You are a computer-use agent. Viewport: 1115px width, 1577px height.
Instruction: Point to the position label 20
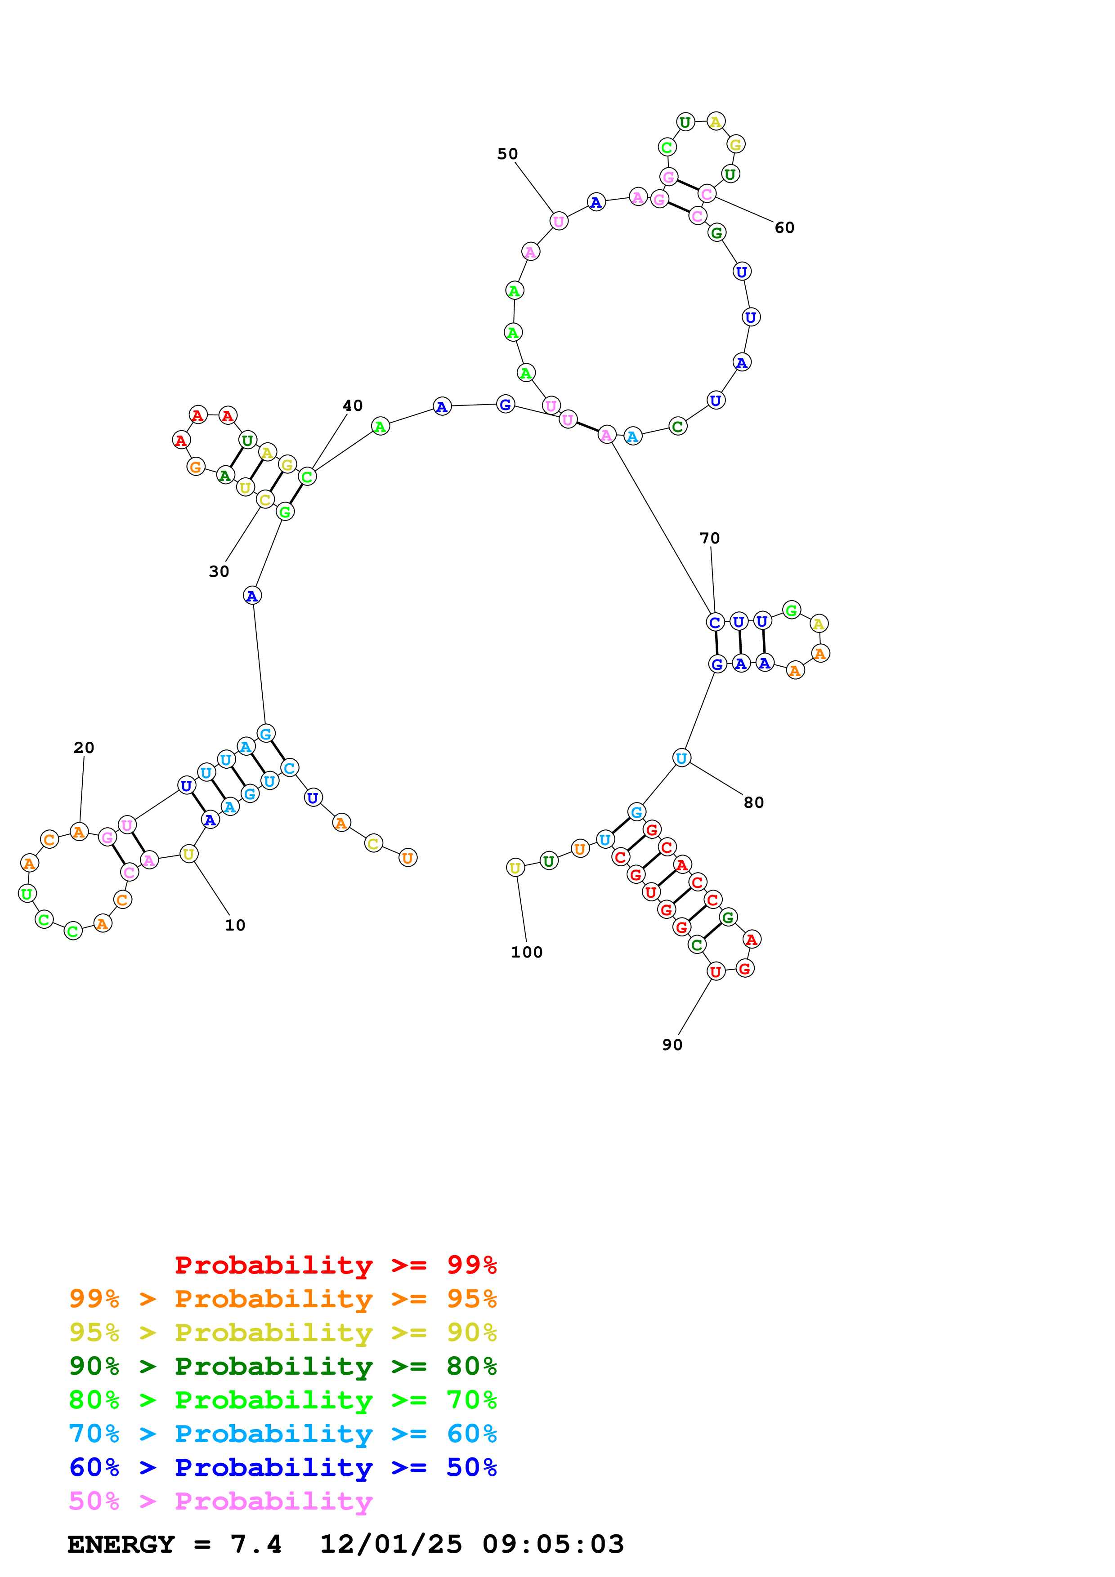coord(84,747)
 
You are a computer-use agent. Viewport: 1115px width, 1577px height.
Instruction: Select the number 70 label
coord(710,538)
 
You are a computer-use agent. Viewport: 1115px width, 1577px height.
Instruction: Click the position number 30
coord(219,571)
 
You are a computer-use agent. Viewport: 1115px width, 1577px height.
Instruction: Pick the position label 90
coord(672,1045)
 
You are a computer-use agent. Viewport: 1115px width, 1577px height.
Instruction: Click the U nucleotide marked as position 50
coord(559,221)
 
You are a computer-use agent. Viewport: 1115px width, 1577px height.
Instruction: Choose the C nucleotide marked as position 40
coord(307,476)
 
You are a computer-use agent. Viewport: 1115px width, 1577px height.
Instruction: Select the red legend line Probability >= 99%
coord(335,1265)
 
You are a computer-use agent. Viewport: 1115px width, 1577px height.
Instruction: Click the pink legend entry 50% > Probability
coord(220,1501)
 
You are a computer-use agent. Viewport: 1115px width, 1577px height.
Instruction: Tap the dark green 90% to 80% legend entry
coord(282,1366)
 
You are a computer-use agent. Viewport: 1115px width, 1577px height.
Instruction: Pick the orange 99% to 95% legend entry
coord(282,1299)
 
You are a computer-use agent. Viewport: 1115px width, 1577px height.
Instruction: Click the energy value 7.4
coord(255,1545)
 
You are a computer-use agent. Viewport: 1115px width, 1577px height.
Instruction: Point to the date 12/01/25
coord(391,1545)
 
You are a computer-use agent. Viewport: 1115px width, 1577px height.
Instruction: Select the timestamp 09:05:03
coord(553,1545)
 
